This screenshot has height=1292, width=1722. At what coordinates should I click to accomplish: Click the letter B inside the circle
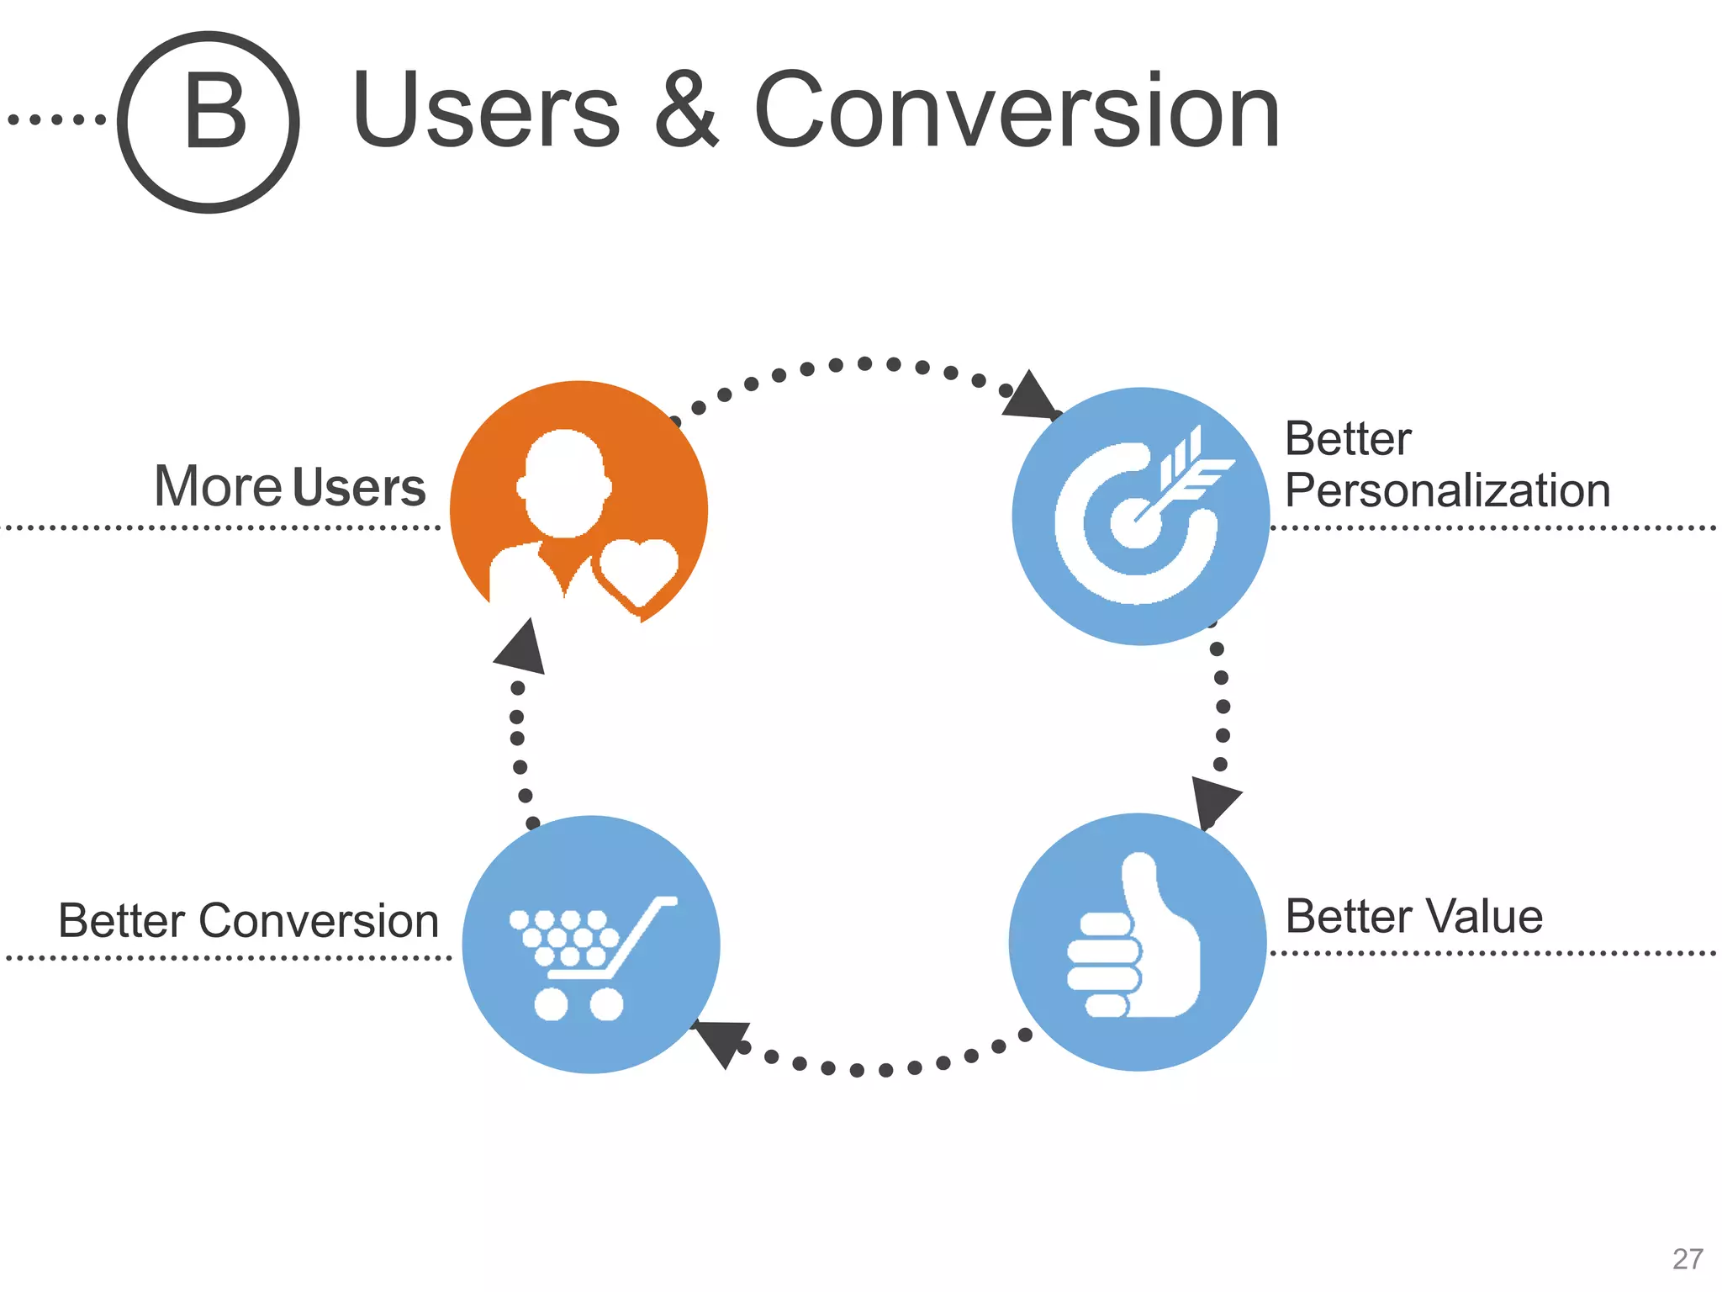click(215, 112)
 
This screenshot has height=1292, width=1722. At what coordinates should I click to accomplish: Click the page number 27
click(1687, 1259)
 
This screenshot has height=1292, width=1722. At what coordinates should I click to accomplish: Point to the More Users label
click(290, 486)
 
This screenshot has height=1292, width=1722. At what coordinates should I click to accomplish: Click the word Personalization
click(1447, 490)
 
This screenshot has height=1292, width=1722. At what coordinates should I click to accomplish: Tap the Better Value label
click(1414, 916)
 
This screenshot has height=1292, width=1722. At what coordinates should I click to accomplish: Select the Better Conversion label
click(249, 920)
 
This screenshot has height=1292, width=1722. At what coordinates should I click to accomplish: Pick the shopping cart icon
click(591, 955)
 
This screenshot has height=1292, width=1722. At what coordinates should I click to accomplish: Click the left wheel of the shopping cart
click(552, 1003)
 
